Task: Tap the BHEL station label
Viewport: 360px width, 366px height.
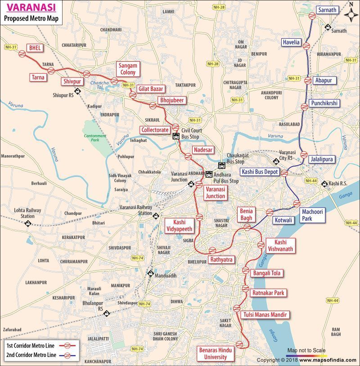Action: click(x=33, y=47)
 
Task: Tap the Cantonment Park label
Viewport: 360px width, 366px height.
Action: click(x=94, y=138)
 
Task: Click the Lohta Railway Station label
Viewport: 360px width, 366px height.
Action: click(x=27, y=213)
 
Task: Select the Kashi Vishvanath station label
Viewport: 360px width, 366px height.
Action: click(x=280, y=245)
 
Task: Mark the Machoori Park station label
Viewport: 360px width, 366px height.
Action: click(x=313, y=215)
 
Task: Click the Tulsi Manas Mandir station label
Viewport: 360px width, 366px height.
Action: click(x=265, y=314)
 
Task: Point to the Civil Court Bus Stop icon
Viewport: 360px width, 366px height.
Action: click(x=176, y=136)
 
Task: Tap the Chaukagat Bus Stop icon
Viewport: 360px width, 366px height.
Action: click(x=221, y=165)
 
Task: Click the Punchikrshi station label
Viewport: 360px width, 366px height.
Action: click(x=324, y=103)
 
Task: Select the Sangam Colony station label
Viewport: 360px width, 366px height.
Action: click(x=128, y=69)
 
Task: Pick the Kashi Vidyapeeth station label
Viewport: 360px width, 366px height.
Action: click(x=180, y=225)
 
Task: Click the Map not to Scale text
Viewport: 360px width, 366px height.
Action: click(x=306, y=350)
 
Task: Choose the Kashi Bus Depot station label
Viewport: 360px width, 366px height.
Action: click(x=260, y=172)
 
